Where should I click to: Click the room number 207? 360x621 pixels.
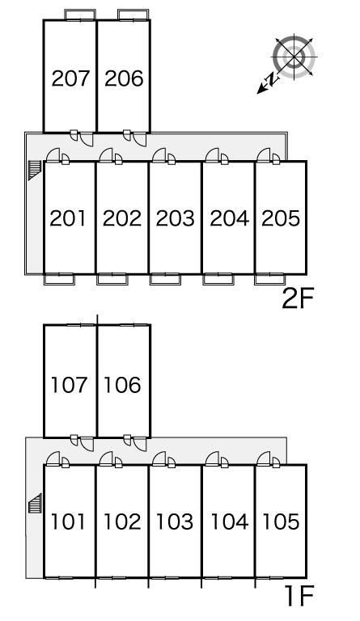(x=70, y=78)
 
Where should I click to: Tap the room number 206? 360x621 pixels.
(x=124, y=78)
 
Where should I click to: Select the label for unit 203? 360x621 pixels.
(x=175, y=218)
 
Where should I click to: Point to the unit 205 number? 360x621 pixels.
(x=281, y=218)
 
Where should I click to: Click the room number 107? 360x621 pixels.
(x=70, y=385)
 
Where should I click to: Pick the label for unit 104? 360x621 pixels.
(x=229, y=522)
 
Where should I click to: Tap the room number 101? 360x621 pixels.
(x=68, y=522)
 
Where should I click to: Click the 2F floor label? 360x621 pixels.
(x=298, y=298)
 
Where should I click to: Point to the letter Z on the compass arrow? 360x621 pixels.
(x=272, y=79)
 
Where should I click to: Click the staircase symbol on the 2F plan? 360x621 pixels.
(x=35, y=171)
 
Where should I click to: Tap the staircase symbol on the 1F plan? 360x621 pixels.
(x=35, y=504)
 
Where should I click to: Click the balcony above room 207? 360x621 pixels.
(x=80, y=15)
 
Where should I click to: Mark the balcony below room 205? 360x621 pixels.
(x=269, y=279)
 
